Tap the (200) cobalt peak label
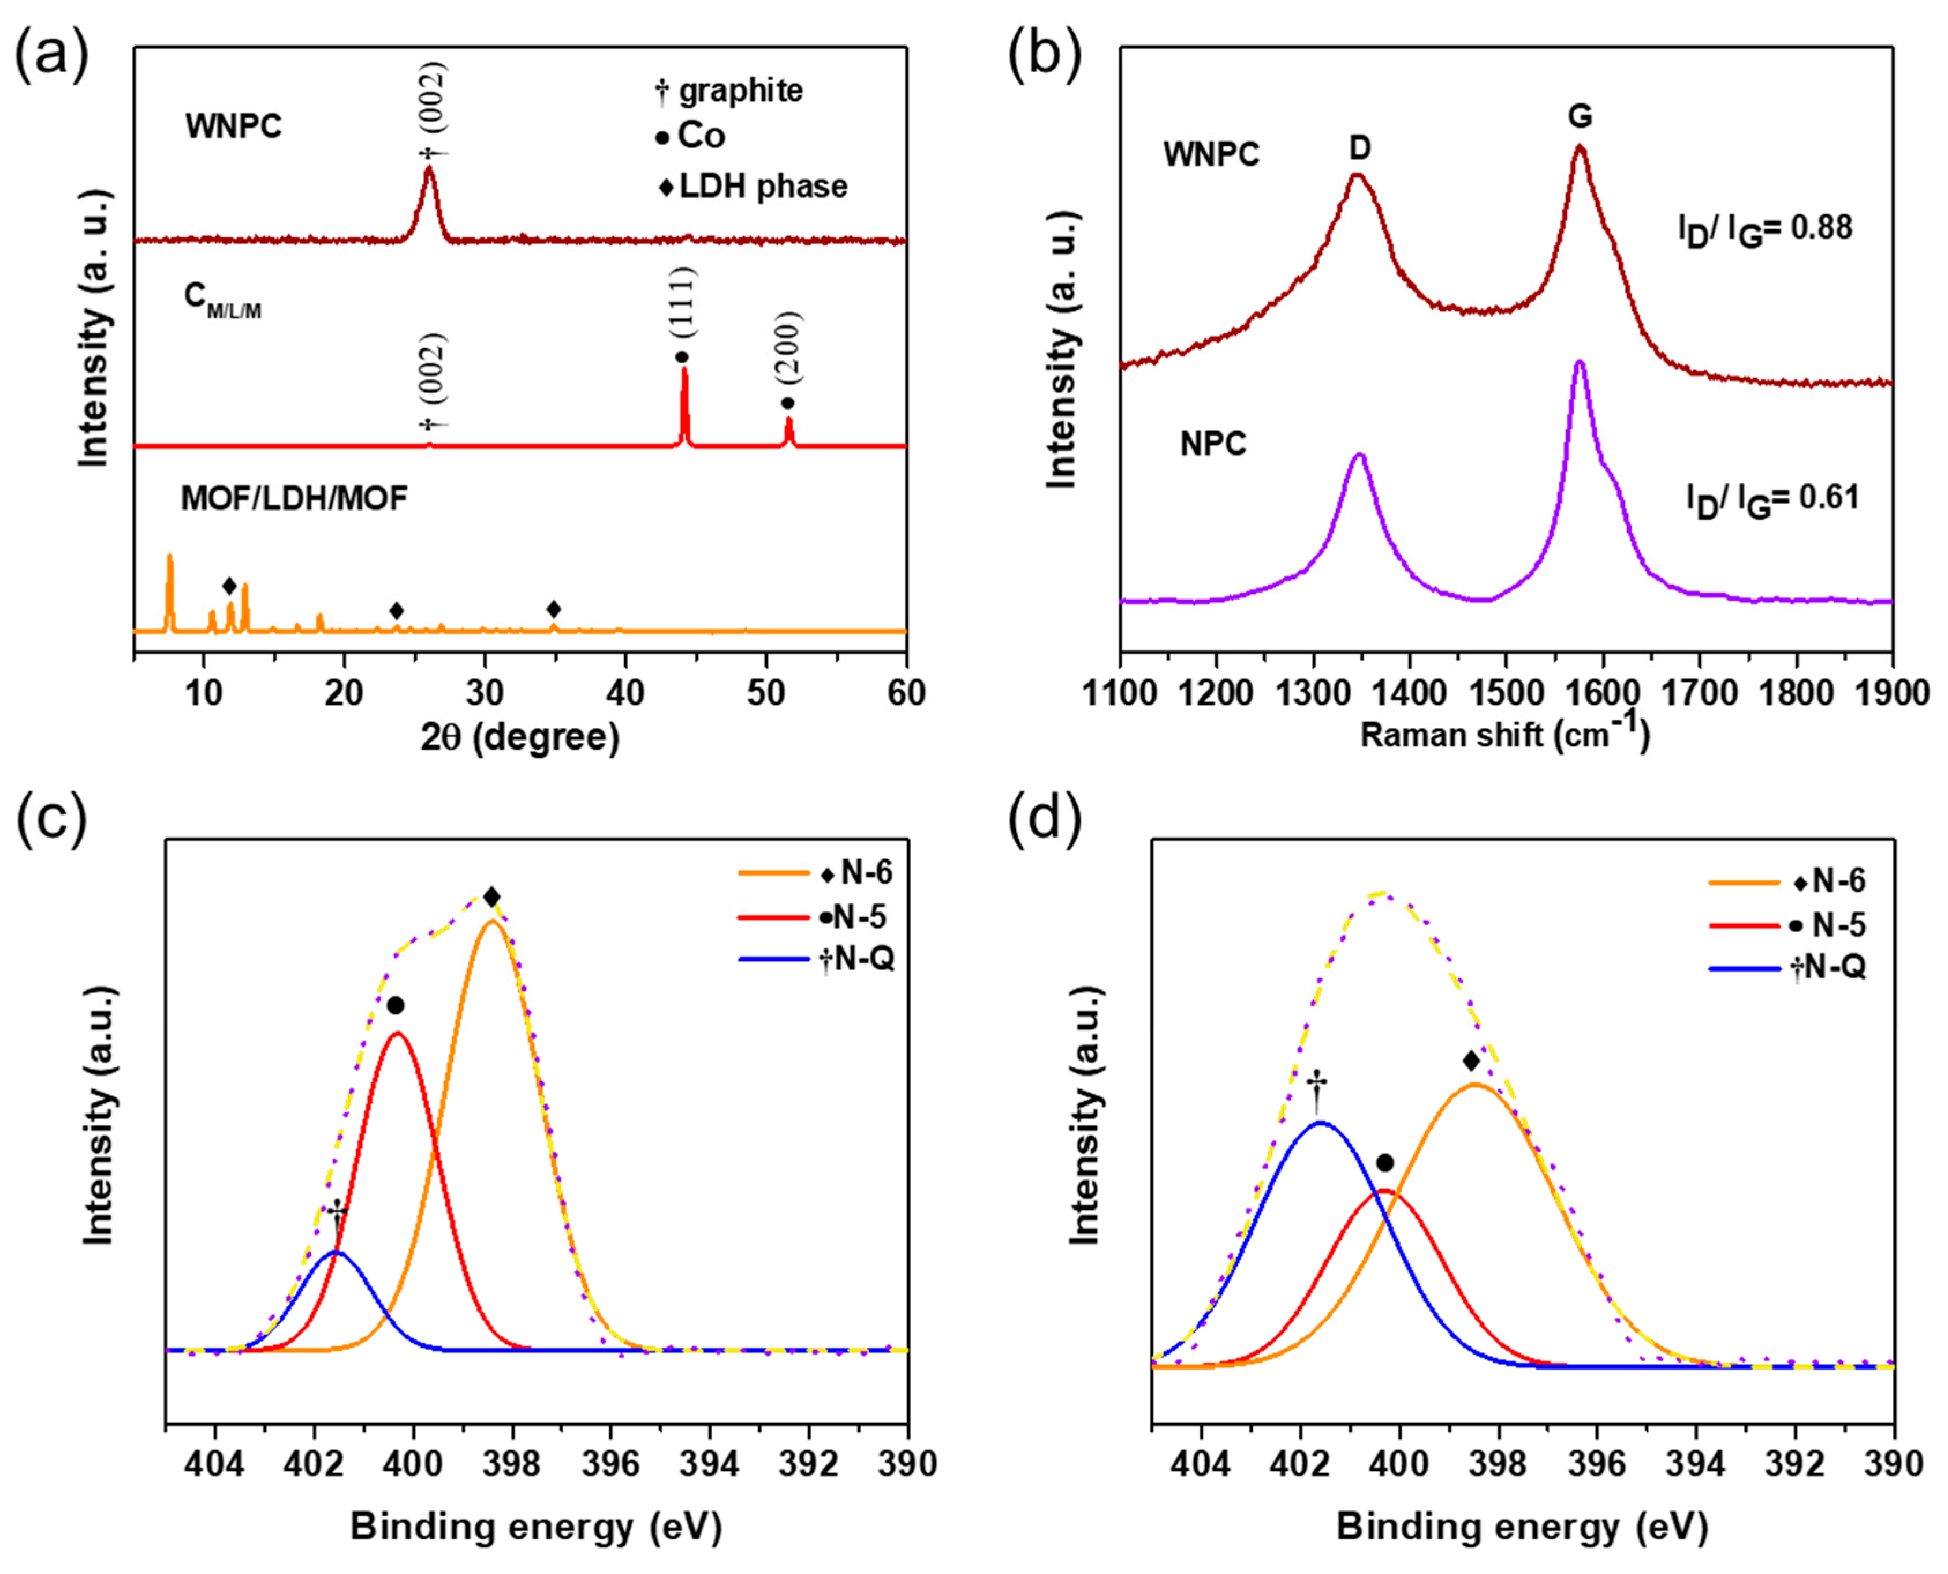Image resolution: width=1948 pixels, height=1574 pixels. click(789, 349)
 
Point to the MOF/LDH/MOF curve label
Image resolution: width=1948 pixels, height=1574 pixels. click(295, 498)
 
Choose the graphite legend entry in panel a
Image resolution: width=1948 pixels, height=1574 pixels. click(730, 91)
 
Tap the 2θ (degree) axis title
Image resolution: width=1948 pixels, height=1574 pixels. click(519, 737)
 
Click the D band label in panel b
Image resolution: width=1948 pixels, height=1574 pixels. click(1359, 148)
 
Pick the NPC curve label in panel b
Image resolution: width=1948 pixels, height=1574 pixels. click(1213, 444)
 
